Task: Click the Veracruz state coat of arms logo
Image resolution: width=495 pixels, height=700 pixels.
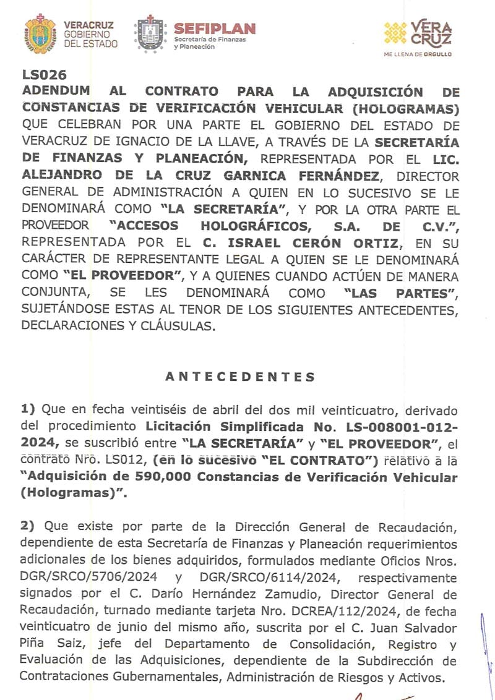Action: pos(40,35)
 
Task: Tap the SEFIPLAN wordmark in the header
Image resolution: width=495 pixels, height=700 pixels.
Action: pos(215,28)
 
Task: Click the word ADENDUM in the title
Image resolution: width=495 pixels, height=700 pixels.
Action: pos(56,92)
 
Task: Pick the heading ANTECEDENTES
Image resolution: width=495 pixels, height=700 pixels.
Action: pos(241,377)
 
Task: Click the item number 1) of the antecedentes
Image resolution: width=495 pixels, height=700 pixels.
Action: pos(28,409)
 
